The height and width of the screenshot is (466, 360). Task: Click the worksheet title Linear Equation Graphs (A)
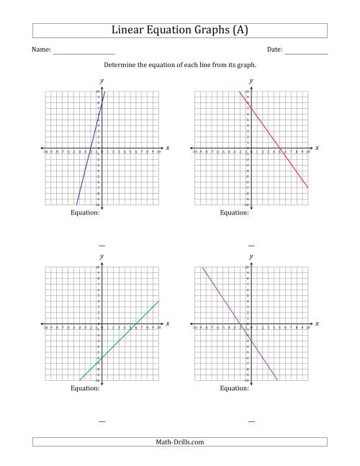(x=179, y=30)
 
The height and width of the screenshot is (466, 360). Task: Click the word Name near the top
(x=41, y=50)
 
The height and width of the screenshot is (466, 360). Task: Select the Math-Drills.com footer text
(x=179, y=442)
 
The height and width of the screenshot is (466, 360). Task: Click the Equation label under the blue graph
(x=85, y=212)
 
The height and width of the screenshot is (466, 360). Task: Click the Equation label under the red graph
(x=234, y=212)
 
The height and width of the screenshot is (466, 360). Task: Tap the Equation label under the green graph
(x=85, y=388)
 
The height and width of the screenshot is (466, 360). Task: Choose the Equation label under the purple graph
(x=234, y=388)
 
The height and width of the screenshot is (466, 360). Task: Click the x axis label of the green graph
(x=167, y=324)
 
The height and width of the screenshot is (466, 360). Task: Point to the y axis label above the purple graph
(x=251, y=256)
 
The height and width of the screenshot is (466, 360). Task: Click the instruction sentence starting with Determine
(x=179, y=65)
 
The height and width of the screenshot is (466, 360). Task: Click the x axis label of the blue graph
(x=167, y=148)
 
